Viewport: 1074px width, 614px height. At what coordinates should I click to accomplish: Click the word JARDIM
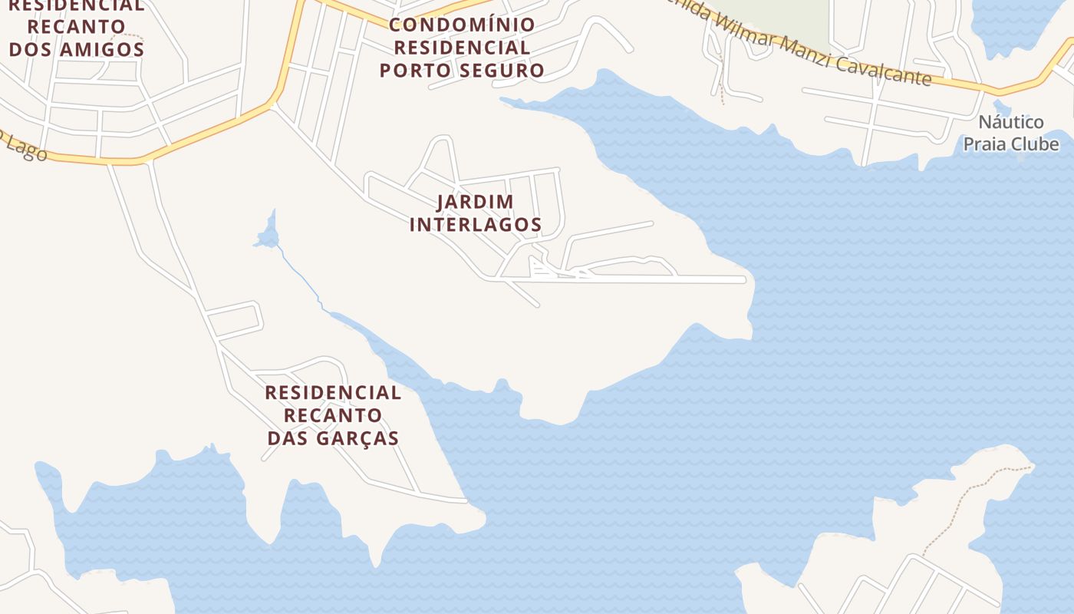pyautogui.click(x=475, y=202)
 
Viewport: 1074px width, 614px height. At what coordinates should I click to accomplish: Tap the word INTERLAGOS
pyautogui.click(x=475, y=225)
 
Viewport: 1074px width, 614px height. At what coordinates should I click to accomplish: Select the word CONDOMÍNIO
pyautogui.click(x=462, y=25)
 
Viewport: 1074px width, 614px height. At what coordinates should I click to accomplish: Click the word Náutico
pyautogui.click(x=1011, y=122)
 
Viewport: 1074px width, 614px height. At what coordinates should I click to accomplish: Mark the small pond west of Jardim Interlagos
pyautogui.click(x=268, y=235)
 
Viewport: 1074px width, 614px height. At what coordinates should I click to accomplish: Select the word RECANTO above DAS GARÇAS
pyautogui.click(x=333, y=415)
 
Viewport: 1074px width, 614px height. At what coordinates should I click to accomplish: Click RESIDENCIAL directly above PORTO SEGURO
pyautogui.click(x=462, y=48)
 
